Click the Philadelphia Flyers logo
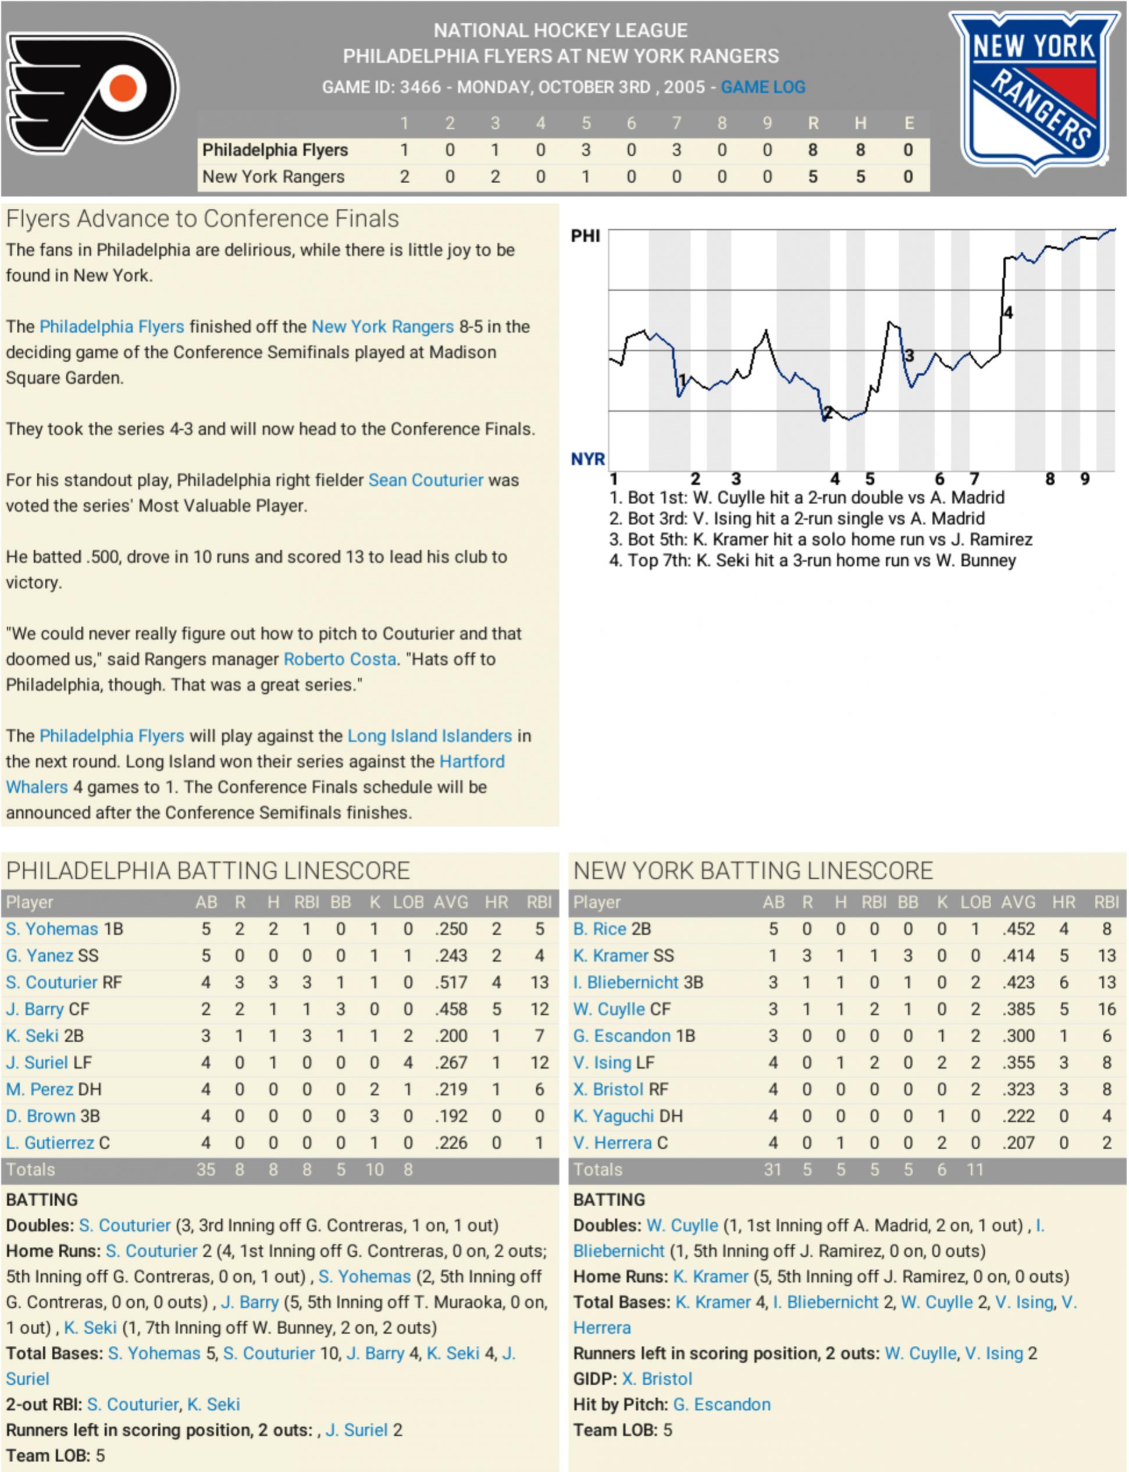tap(92, 91)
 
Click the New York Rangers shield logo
tap(1034, 91)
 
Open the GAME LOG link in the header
tap(763, 87)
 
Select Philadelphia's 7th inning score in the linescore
tap(676, 150)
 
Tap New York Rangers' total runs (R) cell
tap(813, 177)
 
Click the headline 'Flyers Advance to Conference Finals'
tap(202, 219)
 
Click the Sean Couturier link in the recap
tap(425, 480)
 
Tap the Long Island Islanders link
tap(429, 736)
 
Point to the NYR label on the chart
tap(587, 459)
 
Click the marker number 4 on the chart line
tap(1008, 312)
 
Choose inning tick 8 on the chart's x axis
tap(1050, 479)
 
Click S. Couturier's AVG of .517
tap(450, 982)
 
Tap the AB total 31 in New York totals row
tap(772, 1170)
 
